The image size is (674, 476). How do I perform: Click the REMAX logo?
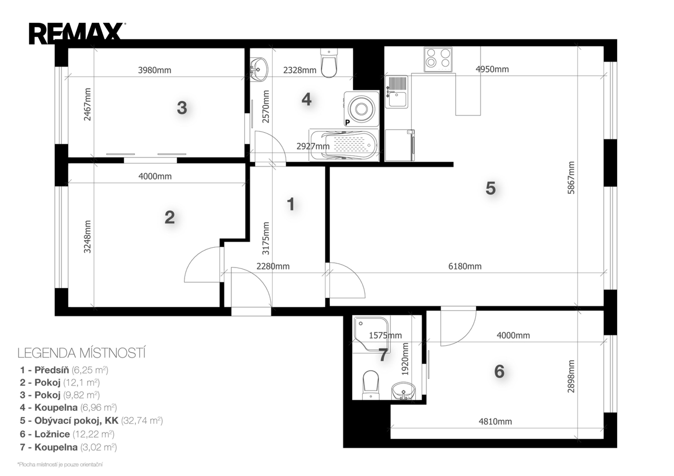(77, 33)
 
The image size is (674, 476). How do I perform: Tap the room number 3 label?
(182, 108)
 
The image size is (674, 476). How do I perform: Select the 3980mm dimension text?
(154, 70)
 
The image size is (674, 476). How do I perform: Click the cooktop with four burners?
(438, 59)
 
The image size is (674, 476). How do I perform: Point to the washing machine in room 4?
(361, 108)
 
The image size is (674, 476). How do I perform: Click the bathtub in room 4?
(344, 145)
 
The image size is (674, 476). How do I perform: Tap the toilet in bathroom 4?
(329, 63)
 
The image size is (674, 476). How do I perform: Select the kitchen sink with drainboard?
(397, 92)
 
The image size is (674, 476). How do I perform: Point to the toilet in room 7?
(371, 385)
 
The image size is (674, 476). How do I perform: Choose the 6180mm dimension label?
(465, 266)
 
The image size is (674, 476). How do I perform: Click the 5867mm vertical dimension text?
(571, 178)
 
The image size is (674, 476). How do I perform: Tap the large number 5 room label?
(491, 189)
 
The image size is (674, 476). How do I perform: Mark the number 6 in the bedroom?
(499, 372)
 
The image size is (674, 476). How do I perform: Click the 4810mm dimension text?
(495, 421)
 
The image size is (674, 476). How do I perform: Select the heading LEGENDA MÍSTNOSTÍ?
(82, 353)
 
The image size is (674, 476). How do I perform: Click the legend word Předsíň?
(52, 370)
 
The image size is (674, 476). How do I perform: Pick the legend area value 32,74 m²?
(142, 420)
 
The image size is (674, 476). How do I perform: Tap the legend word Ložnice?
(52, 434)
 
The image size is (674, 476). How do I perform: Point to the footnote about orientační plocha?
(60, 465)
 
